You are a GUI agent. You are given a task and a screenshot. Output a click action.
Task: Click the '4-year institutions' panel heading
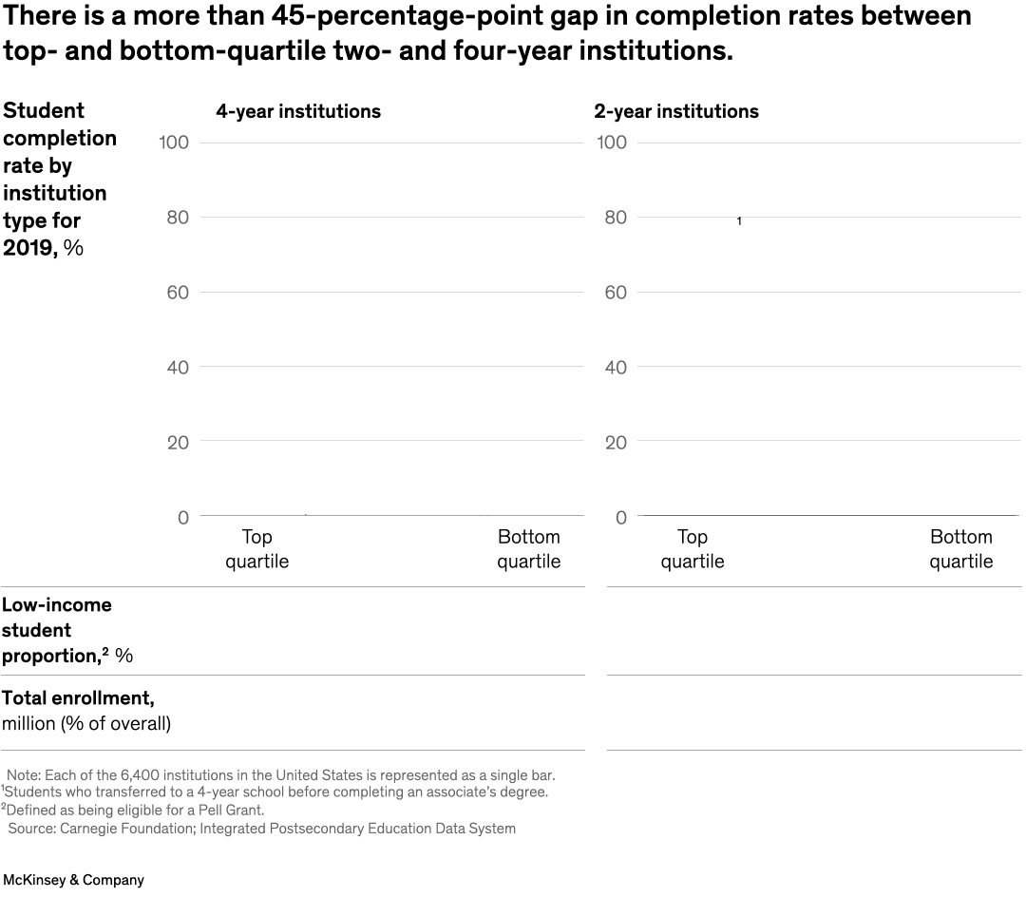point(297,111)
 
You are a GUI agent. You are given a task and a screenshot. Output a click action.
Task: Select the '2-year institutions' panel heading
point(675,111)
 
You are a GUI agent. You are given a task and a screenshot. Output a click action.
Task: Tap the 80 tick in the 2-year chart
point(616,218)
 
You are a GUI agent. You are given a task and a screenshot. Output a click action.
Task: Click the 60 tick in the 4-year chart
point(178,293)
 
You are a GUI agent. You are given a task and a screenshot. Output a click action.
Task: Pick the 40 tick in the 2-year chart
point(616,368)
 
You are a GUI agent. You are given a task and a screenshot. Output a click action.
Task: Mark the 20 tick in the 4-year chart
point(178,443)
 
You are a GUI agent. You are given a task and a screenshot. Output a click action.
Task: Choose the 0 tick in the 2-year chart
point(621,518)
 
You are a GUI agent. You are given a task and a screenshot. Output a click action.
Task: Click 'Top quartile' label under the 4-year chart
point(256,549)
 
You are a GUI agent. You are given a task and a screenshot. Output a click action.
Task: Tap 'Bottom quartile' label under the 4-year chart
point(528,549)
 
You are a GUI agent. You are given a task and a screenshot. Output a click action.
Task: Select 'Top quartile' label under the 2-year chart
point(692,549)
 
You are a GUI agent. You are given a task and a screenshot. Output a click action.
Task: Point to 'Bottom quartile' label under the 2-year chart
point(960,549)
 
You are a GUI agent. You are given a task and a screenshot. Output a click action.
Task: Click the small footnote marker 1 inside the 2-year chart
point(739,221)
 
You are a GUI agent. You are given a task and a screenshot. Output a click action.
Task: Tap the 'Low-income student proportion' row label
point(67,630)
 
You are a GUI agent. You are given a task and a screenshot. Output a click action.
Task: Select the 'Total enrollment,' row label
point(78,698)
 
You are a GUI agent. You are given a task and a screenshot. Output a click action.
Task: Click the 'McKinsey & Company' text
point(73,880)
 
